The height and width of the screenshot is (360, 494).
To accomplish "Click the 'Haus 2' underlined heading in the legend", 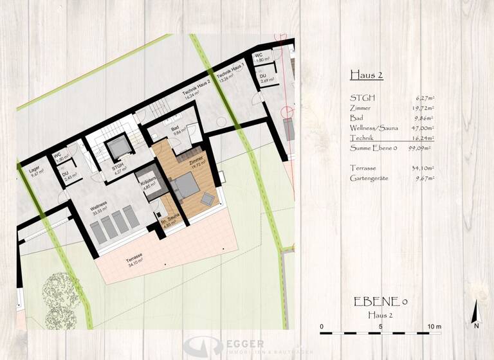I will tap(366, 75).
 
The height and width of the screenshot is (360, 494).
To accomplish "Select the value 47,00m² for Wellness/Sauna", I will tap(421, 128).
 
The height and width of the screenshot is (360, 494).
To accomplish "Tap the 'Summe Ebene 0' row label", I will tap(373, 148).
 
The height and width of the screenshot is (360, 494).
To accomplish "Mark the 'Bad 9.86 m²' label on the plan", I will tap(176, 132).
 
